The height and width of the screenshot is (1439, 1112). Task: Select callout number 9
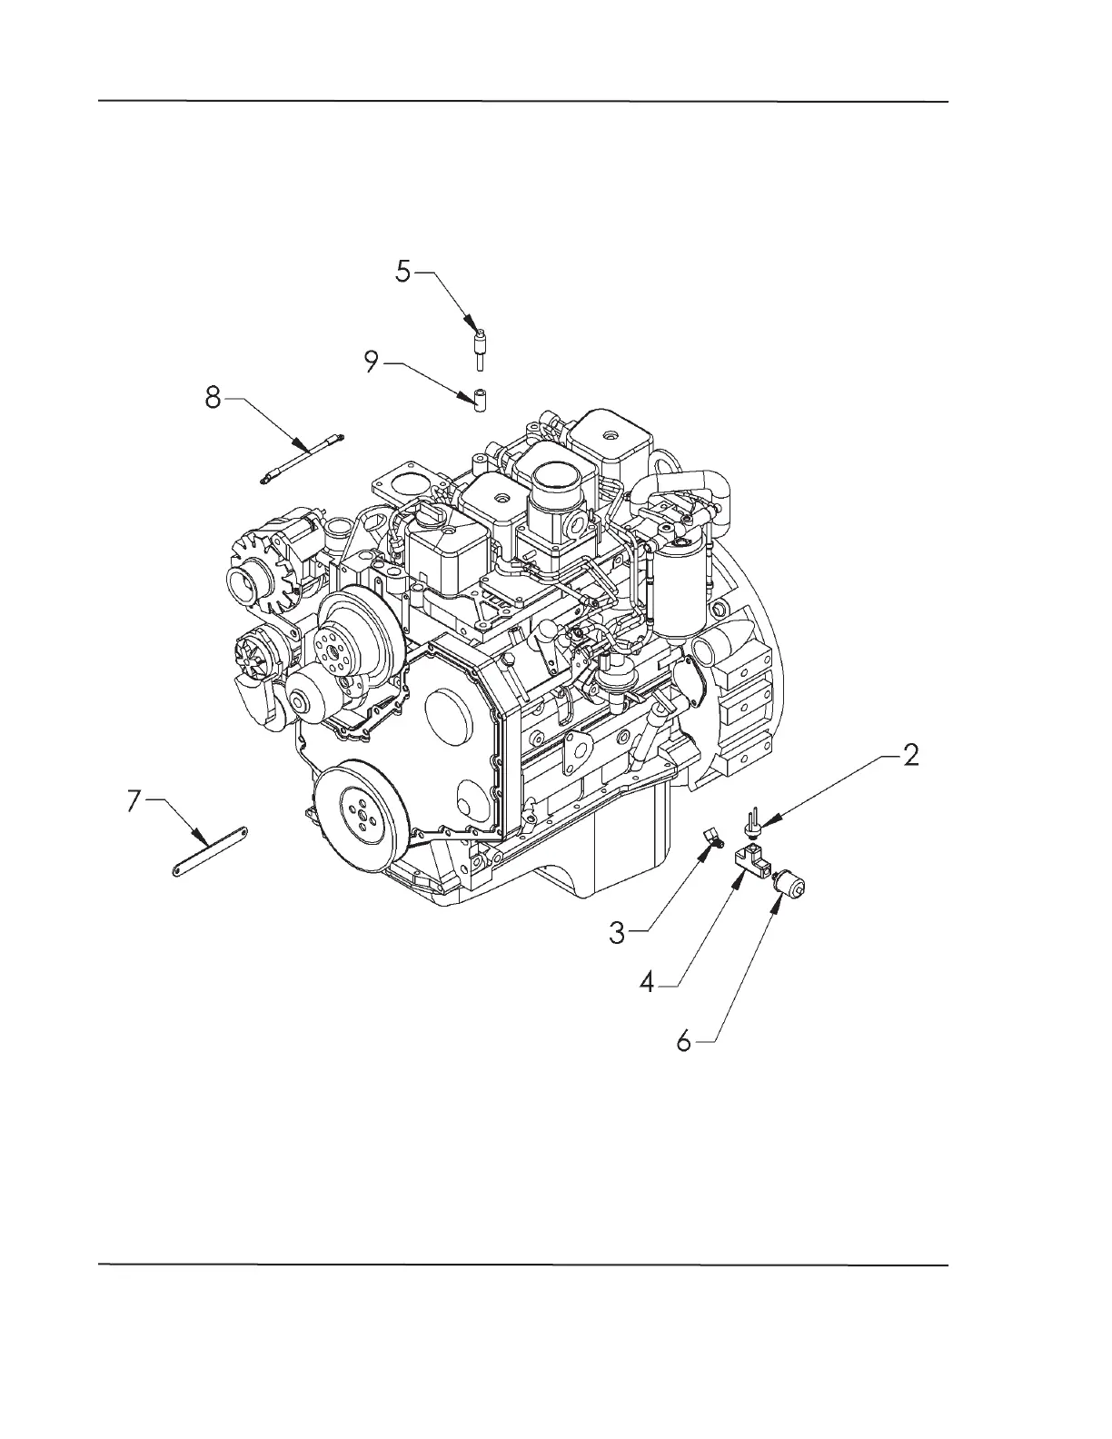(371, 363)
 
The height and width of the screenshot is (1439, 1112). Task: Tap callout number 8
(213, 398)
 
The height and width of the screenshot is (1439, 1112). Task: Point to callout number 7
(134, 800)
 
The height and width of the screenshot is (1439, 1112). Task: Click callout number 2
(909, 755)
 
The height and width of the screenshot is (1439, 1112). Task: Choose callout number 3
(618, 932)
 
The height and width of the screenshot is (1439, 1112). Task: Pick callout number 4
(647, 983)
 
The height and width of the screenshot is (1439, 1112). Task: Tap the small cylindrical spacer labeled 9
(480, 400)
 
